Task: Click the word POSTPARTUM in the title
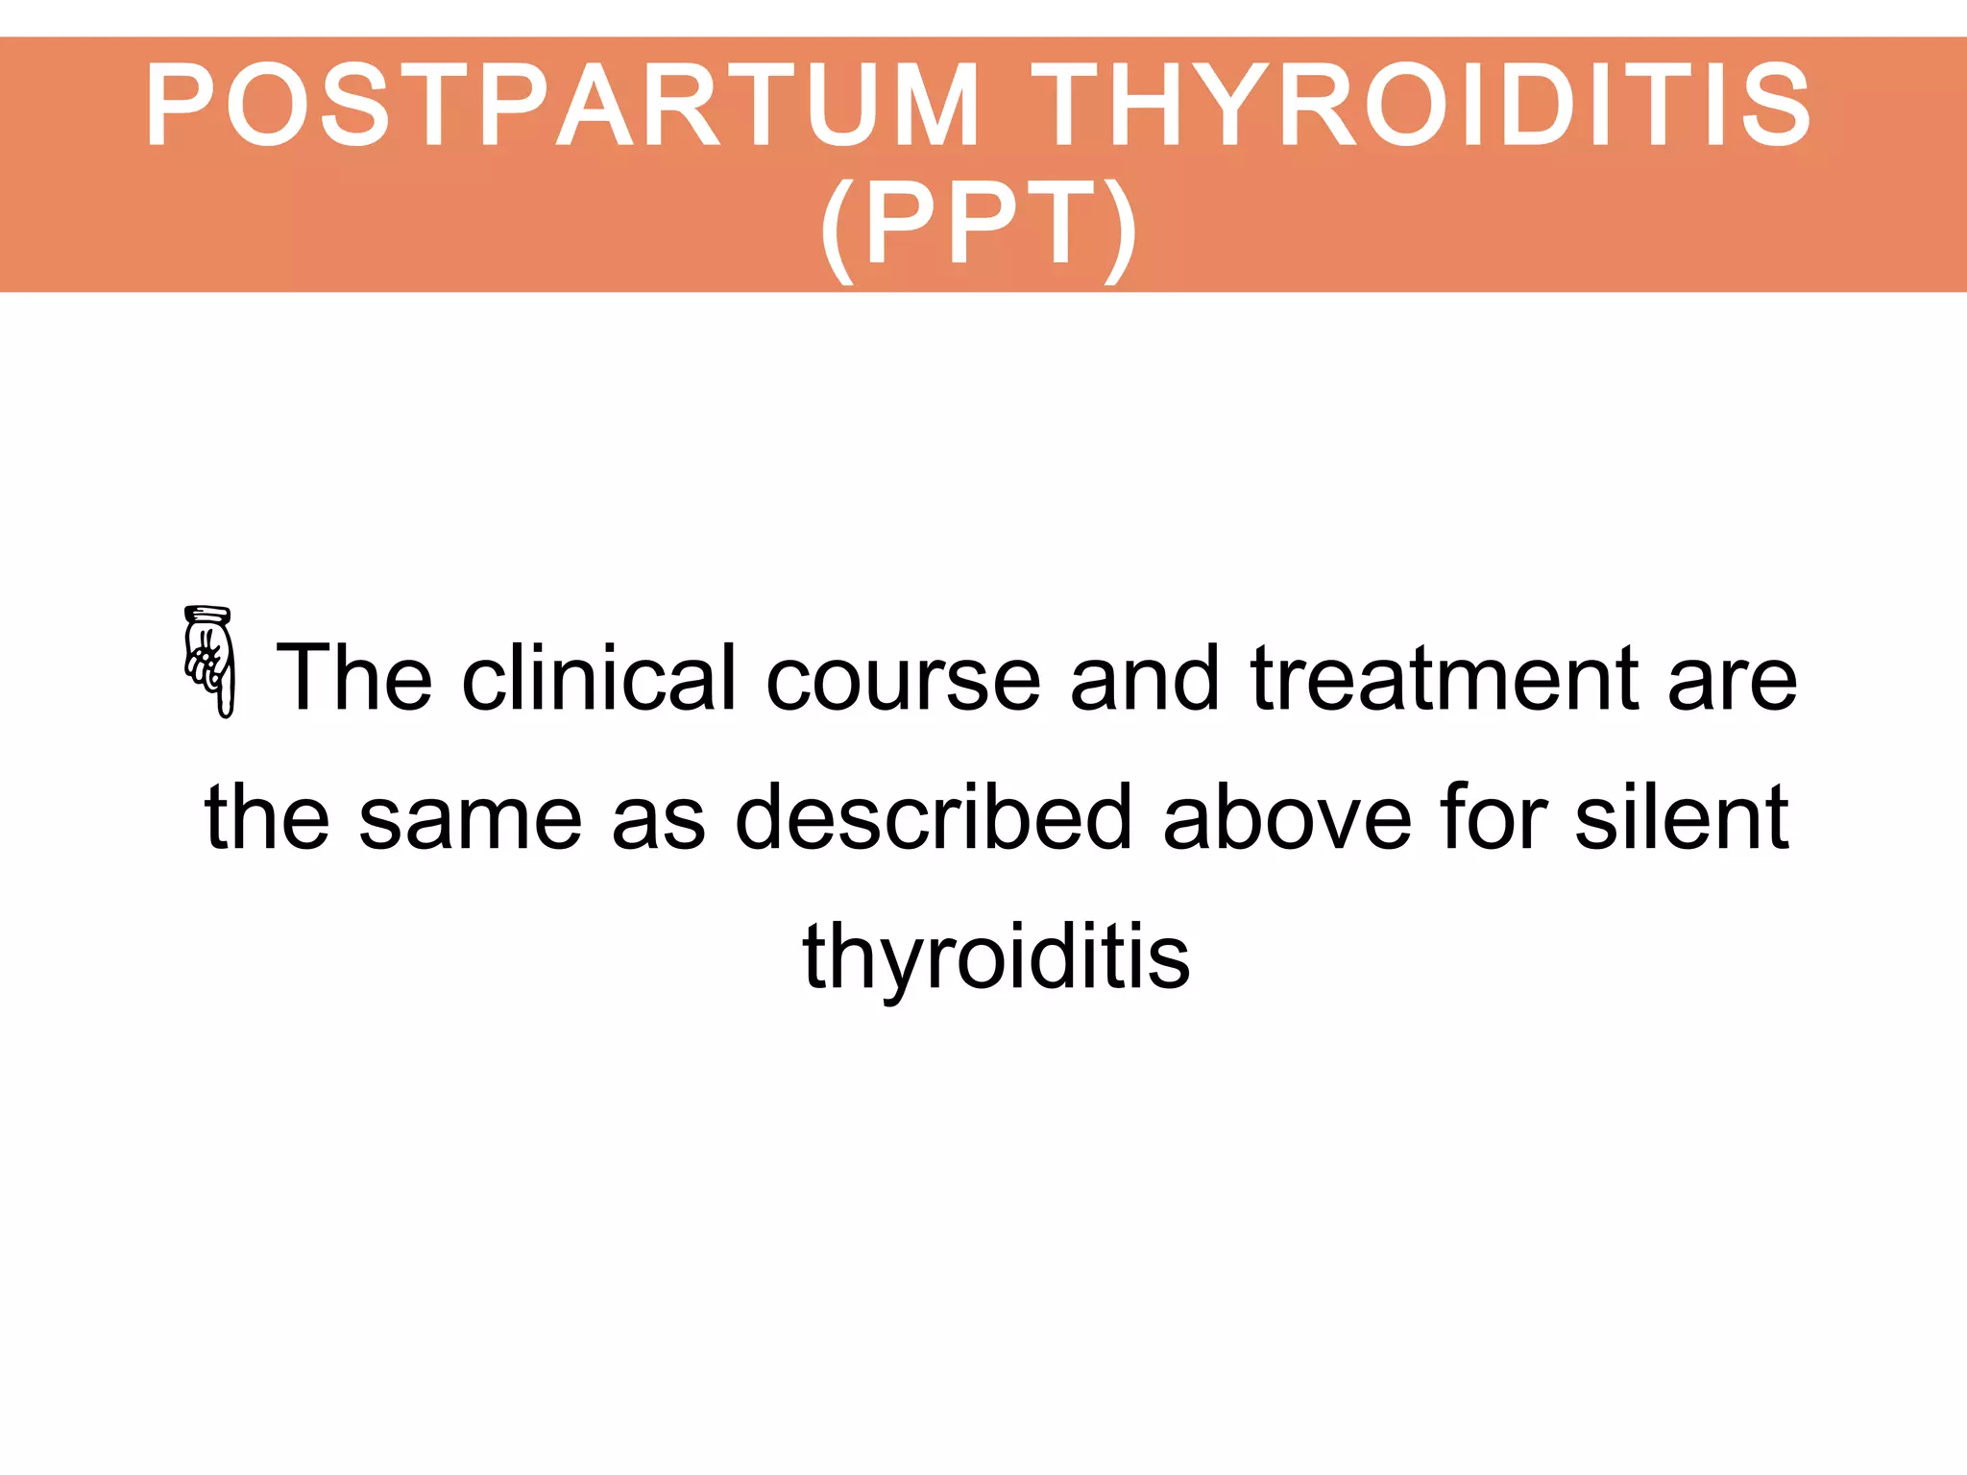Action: [x=563, y=104]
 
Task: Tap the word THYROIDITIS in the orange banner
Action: [x=1421, y=104]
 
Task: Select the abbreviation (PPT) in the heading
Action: [x=980, y=227]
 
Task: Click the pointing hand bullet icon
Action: [x=209, y=663]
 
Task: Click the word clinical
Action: [x=599, y=678]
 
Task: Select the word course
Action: [x=903, y=680]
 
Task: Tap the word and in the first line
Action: [x=1144, y=678]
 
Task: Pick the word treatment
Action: [x=1445, y=678]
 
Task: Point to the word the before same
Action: [x=267, y=817]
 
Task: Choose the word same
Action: [x=471, y=819]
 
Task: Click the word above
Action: [x=1287, y=817]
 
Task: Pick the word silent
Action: [x=1682, y=817]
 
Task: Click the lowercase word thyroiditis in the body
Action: [x=996, y=957]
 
